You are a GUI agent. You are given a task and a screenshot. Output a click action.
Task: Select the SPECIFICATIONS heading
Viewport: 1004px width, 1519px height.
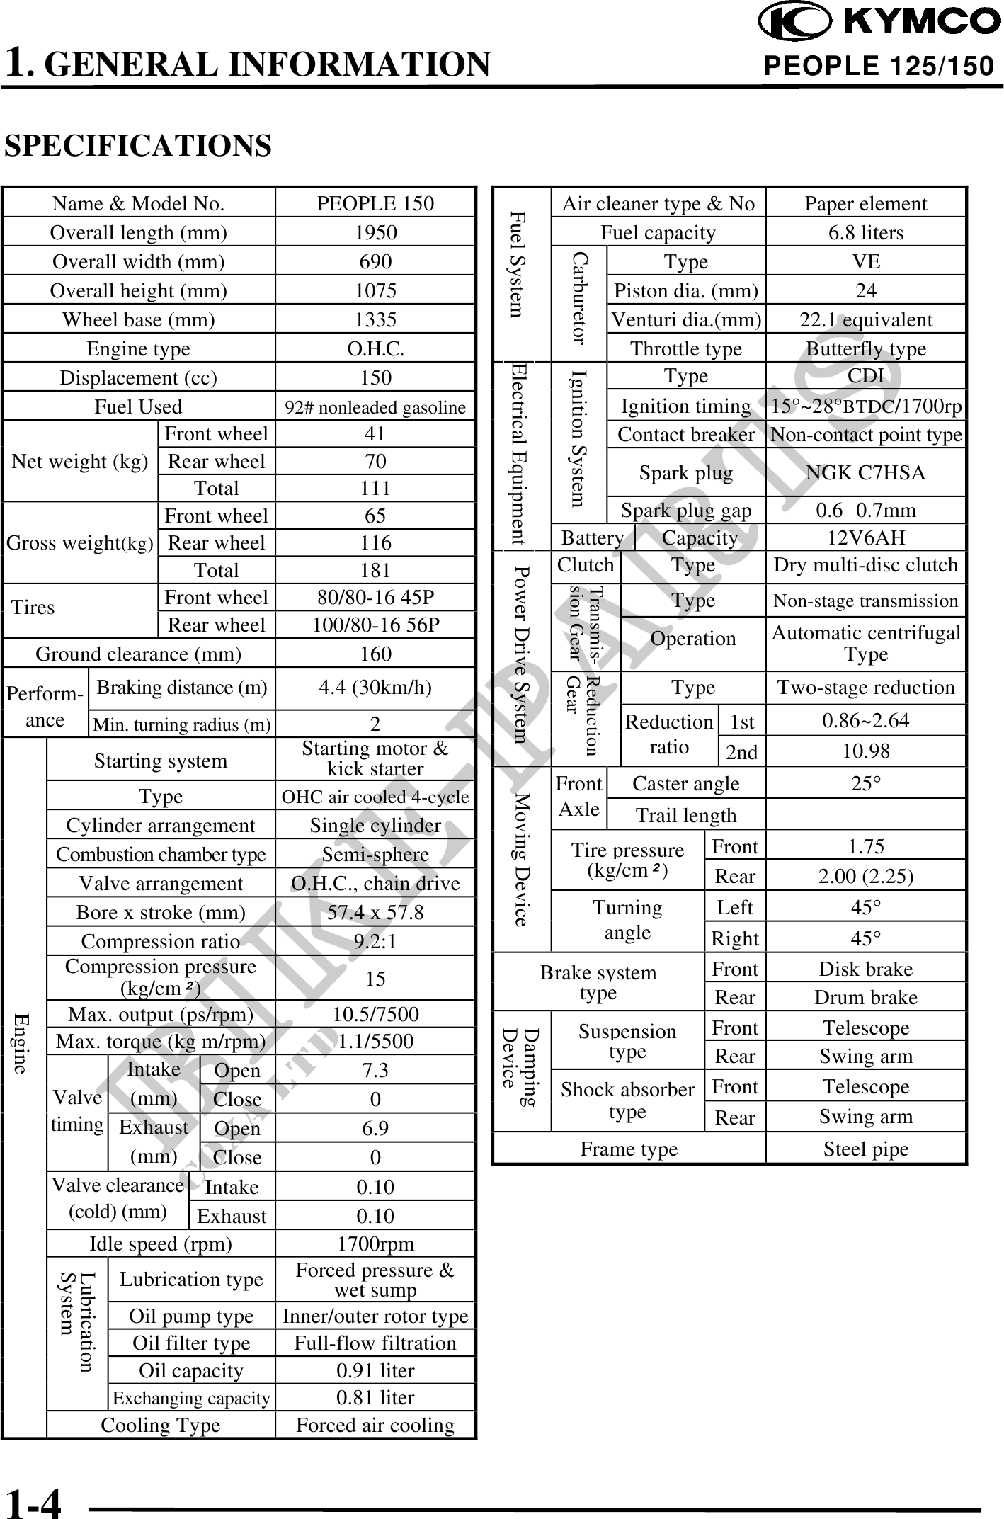point(138,145)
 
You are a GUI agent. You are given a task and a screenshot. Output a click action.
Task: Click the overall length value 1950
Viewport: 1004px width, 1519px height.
point(375,232)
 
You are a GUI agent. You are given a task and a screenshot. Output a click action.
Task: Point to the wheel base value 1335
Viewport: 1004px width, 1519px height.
point(375,319)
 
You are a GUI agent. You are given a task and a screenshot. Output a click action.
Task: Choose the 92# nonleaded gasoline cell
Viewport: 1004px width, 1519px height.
point(375,407)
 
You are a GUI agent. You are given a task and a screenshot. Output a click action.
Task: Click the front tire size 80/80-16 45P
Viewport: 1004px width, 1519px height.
point(375,598)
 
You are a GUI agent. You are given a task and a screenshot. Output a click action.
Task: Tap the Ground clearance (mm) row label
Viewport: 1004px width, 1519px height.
point(138,654)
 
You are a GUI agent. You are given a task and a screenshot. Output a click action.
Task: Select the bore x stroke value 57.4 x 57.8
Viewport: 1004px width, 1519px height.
point(375,912)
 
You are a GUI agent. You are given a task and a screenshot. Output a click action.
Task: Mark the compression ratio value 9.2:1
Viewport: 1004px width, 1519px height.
point(375,941)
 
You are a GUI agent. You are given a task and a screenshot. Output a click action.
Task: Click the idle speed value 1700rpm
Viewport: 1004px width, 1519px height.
point(375,1244)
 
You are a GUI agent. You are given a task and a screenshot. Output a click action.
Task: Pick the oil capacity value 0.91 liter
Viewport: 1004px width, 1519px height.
point(375,1370)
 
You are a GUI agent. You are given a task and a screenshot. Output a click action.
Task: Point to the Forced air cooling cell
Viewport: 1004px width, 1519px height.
point(375,1425)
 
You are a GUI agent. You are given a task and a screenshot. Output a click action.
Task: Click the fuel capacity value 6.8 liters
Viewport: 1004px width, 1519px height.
point(866,232)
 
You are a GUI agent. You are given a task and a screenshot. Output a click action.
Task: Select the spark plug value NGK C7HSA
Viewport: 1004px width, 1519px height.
point(866,472)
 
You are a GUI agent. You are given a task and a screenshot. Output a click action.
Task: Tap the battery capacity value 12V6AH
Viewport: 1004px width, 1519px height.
point(866,537)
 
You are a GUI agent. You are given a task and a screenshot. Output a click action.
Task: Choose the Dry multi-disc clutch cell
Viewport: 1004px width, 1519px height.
point(866,565)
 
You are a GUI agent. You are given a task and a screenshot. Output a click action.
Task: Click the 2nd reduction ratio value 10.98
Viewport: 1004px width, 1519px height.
point(866,751)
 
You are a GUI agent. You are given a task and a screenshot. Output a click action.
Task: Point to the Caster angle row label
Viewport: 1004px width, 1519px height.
point(685,783)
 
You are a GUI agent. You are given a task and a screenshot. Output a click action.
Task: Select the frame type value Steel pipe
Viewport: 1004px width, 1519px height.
point(866,1149)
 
